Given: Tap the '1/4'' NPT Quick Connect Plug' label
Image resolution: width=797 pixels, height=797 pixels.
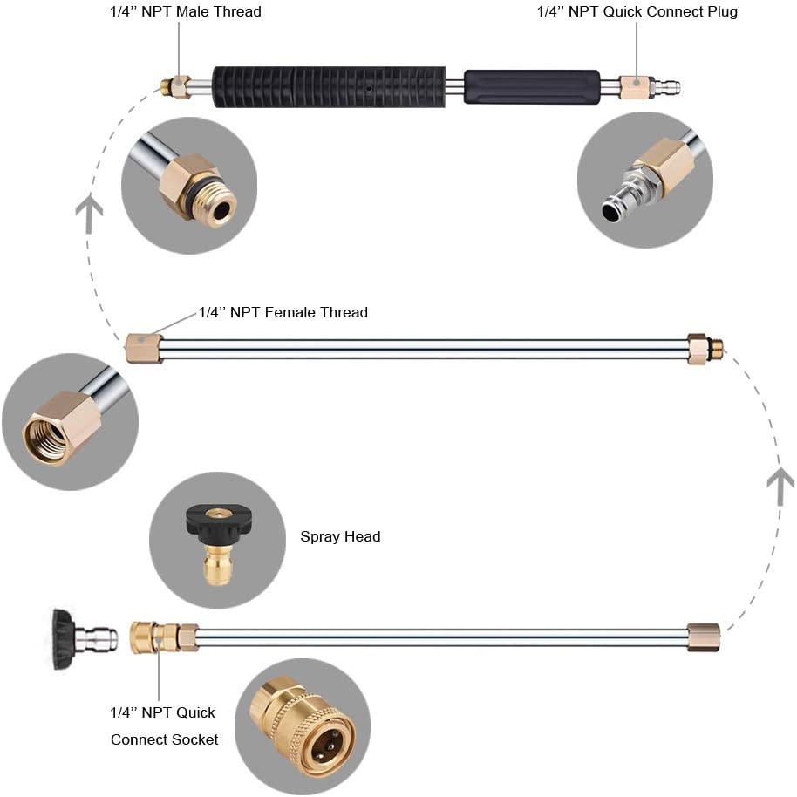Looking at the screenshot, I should pyautogui.click(x=637, y=12).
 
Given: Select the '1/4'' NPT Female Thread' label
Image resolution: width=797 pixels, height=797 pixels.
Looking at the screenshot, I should pyautogui.click(x=283, y=312).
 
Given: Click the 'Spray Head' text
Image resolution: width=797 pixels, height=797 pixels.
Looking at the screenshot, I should pyautogui.click(x=340, y=536).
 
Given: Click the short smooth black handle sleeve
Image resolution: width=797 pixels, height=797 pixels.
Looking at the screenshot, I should pyautogui.click(x=531, y=87).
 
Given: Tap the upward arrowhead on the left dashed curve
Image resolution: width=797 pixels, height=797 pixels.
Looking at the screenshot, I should pyautogui.click(x=89, y=215).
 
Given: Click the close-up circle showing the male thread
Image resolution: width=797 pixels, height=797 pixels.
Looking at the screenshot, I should pyautogui.click(x=189, y=186).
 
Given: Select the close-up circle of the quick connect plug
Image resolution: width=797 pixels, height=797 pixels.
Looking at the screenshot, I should pyautogui.click(x=645, y=181).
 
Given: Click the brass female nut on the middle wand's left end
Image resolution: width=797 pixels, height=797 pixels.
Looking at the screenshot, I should pyautogui.click(x=143, y=348).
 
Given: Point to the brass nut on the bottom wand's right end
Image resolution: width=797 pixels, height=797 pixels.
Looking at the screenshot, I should pyautogui.click(x=703, y=637).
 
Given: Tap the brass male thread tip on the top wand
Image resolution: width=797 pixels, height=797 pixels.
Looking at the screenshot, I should pyautogui.click(x=168, y=86).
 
